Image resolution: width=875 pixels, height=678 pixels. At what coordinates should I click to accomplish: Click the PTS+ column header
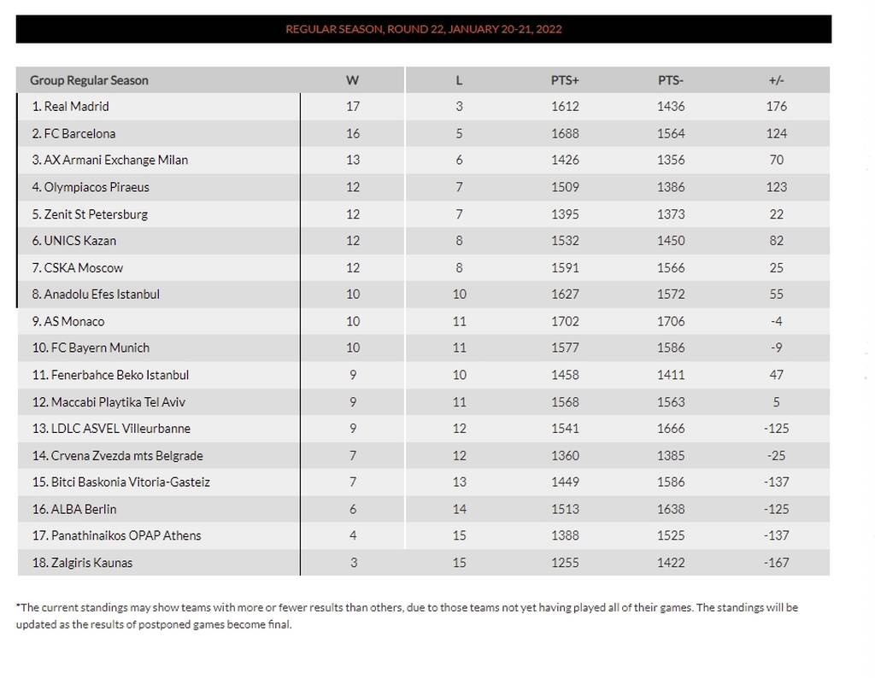565,80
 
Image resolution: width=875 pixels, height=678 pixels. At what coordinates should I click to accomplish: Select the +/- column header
776,80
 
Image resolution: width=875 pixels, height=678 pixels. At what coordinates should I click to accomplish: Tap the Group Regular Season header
89,80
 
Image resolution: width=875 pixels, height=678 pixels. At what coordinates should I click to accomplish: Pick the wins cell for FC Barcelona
353,133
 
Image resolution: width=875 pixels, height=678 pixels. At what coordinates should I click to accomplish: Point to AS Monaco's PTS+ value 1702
565,321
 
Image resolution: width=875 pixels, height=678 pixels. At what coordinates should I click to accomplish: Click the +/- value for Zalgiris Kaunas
776,563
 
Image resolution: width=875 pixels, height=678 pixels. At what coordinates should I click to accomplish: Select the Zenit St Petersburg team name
90,214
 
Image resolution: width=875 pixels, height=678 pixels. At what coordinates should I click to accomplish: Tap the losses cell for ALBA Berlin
459,509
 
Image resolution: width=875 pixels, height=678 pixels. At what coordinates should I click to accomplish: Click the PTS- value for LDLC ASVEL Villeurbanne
671,429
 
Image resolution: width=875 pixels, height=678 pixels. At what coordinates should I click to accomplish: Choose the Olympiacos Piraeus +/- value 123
776,187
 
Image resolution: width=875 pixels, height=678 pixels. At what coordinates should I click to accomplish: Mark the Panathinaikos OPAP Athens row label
116,535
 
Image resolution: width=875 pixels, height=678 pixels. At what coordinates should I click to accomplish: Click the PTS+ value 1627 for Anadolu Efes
565,295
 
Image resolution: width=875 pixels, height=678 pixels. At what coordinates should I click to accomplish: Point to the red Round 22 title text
423,29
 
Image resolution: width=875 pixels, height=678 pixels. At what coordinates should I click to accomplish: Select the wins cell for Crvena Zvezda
353,455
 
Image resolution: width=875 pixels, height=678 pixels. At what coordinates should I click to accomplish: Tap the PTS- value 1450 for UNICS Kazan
671,241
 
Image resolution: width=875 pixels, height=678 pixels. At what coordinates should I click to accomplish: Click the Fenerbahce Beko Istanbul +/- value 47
776,375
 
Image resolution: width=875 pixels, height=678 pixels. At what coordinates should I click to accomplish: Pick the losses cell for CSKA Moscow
459,267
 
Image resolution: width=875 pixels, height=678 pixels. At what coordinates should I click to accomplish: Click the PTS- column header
671,80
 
